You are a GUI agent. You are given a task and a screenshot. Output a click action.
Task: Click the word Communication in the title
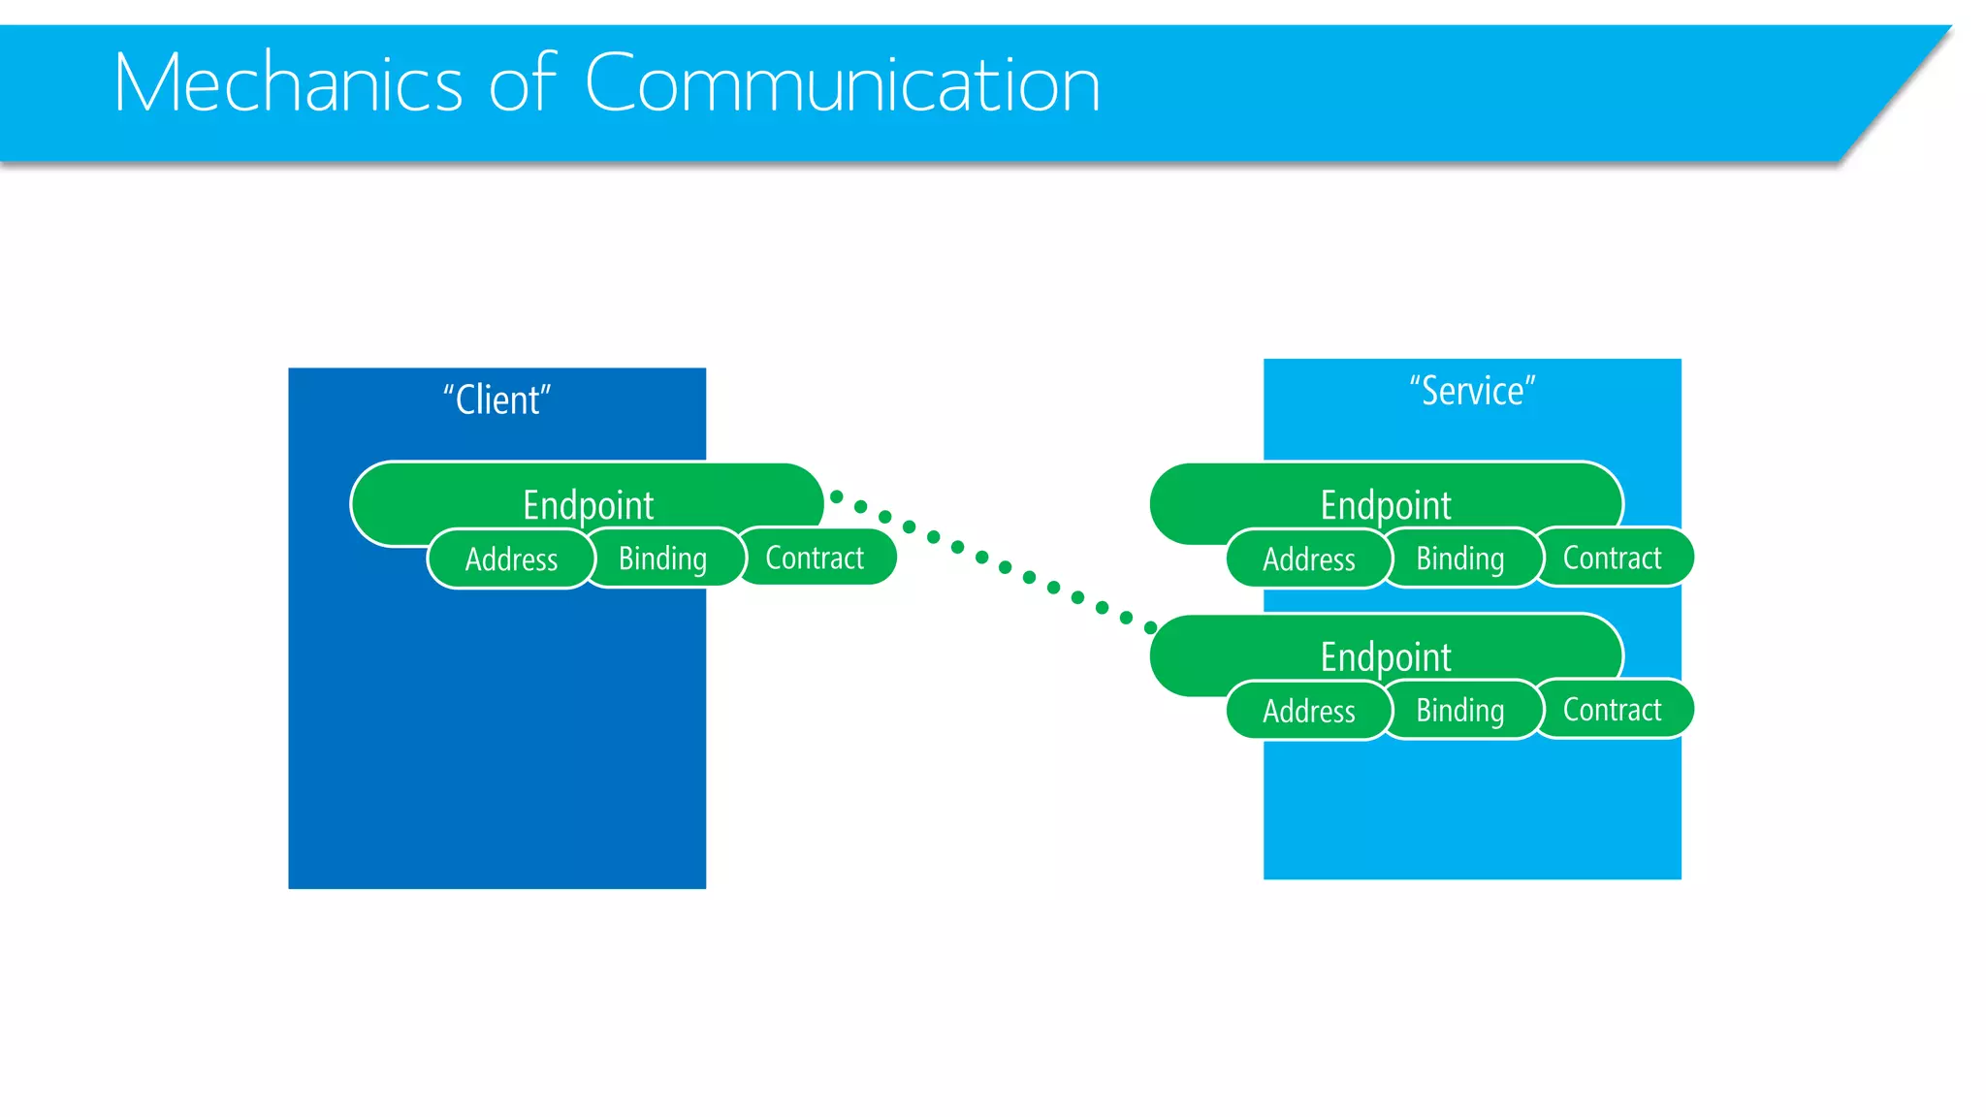842,84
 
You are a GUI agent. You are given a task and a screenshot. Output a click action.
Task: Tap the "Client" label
496,399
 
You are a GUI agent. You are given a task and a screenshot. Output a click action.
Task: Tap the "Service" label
1472,391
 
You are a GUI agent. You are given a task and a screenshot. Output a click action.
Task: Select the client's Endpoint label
588,504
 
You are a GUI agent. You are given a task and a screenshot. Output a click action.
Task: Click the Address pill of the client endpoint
511,559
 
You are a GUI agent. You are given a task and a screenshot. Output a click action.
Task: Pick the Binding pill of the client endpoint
663,558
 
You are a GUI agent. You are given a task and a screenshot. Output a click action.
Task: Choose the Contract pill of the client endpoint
815,558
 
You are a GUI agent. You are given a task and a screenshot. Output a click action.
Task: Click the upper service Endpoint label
1385,504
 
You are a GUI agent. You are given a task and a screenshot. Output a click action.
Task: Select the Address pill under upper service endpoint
1308,559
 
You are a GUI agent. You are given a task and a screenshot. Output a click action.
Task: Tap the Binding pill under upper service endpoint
1460,558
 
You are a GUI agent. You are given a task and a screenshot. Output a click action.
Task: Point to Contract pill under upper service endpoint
1612,558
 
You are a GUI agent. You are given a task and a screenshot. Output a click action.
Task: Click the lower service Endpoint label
1385,656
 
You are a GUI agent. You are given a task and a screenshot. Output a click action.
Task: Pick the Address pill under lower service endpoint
1308,711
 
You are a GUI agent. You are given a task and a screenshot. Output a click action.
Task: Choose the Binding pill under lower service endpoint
1460,710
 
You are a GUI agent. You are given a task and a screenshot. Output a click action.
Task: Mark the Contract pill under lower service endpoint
1612,709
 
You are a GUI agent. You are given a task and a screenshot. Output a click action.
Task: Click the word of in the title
522,84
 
